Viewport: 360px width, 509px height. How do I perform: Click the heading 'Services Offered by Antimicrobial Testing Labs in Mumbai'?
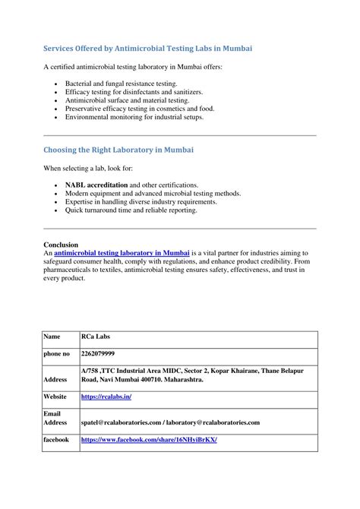click(x=147, y=48)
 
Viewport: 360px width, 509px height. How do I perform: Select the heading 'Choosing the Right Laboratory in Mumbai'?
click(x=118, y=150)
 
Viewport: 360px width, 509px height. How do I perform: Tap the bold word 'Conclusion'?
click(x=61, y=245)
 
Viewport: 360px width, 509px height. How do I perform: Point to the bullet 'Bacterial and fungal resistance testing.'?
click(x=121, y=83)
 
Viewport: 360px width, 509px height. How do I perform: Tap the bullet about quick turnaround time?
click(x=131, y=210)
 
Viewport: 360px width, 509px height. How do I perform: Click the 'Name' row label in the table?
click(x=52, y=336)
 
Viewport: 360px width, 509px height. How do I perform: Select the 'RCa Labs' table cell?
click(x=95, y=336)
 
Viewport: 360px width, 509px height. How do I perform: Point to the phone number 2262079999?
click(x=98, y=354)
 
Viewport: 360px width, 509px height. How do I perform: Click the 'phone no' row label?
click(x=57, y=354)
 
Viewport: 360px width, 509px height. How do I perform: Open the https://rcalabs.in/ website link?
click(x=106, y=397)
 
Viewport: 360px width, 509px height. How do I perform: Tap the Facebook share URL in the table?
click(x=149, y=440)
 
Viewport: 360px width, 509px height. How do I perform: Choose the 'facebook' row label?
click(x=56, y=440)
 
